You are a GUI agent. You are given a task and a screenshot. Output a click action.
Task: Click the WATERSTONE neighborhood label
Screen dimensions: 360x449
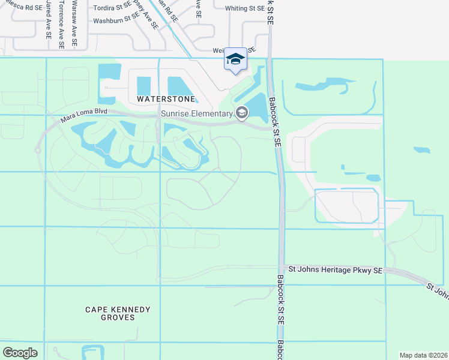[166, 98]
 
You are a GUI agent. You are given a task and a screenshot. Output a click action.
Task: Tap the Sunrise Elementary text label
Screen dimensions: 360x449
[196, 114]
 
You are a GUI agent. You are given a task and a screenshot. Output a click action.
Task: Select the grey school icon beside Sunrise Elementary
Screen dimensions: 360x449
[242, 113]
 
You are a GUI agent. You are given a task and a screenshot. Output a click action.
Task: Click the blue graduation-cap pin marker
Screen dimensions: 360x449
[236, 59]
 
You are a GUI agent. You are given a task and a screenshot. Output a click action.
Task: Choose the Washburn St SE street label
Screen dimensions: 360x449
[116, 20]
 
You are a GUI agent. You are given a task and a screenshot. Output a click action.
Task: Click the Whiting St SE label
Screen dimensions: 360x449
[244, 8]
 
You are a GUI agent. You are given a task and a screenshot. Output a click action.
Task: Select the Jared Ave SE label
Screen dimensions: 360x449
[47, 20]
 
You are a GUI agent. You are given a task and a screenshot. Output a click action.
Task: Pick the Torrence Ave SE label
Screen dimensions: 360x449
[61, 24]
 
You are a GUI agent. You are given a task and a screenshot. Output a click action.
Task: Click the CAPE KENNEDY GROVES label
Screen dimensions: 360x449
[118, 313]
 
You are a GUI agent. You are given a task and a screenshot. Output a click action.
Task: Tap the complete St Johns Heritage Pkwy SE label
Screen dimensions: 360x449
[335, 271]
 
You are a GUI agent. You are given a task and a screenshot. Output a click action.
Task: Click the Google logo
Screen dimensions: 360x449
[20, 353]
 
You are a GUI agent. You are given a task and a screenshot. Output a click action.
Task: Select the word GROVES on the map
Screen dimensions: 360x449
[118, 317]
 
